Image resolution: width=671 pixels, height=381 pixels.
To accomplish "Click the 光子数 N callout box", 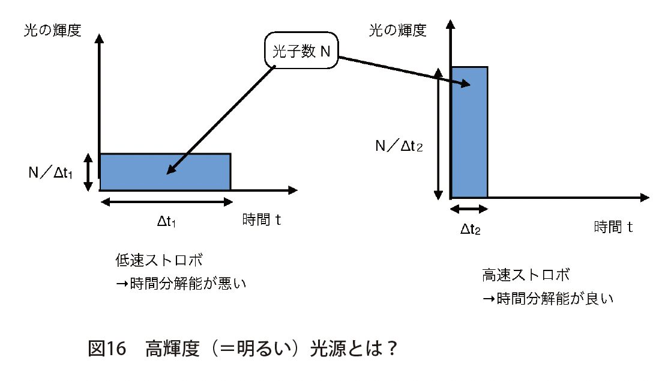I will point(301,51).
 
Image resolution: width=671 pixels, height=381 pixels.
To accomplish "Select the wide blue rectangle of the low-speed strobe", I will point(165,172).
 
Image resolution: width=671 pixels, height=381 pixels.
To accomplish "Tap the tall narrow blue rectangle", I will point(469,132).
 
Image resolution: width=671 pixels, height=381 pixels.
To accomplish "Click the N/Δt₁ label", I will point(51,172).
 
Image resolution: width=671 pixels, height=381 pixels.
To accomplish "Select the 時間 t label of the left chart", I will point(262,219).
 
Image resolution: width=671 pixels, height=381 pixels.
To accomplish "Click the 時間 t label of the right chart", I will point(614,227).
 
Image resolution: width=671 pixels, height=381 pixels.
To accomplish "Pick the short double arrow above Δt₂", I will point(469,209).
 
